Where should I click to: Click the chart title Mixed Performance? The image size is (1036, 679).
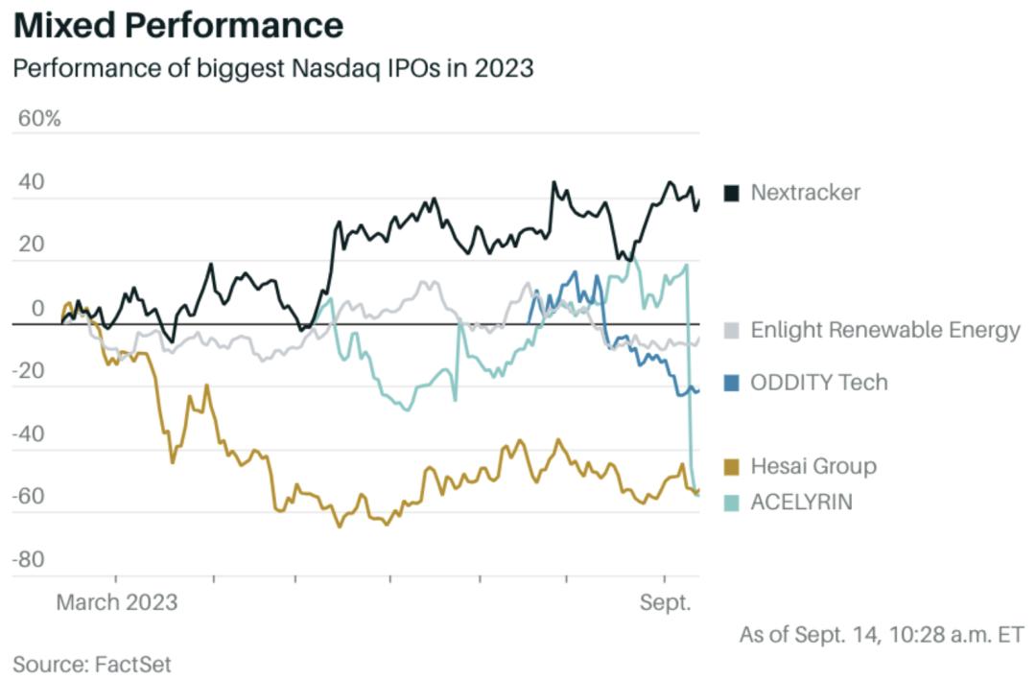tap(178, 26)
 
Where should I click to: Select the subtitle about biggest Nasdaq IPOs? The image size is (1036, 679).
tap(272, 69)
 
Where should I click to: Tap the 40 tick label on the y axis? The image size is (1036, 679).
tap(31, 182)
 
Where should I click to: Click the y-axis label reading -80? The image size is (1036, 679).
tap(28, 559)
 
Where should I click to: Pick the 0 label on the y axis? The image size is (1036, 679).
tap(37, 308)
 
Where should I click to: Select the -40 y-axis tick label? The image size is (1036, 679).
tap(28, 433)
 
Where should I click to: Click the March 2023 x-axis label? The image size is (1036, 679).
tap(117, 602)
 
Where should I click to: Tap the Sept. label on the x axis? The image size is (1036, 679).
tap(665, 602)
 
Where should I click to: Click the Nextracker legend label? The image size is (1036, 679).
tap(805, 192)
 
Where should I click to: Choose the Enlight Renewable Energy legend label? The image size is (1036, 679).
tap(884, 330)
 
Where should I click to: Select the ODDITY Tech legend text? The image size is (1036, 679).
tap(818, 382)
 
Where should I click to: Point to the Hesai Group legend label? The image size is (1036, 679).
tap(813, 466)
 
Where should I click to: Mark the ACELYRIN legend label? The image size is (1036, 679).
tap(801, 502)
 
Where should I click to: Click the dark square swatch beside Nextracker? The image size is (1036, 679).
tap(732, 193)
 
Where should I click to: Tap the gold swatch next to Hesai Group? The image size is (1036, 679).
tap(732, 467)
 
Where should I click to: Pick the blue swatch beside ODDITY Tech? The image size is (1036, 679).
tap(732, 383)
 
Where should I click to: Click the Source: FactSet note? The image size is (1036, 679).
tap(91, 663)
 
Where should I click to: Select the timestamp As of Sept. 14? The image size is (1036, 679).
tap(882, 634)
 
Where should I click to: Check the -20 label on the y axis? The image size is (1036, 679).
tap(28, 371)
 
